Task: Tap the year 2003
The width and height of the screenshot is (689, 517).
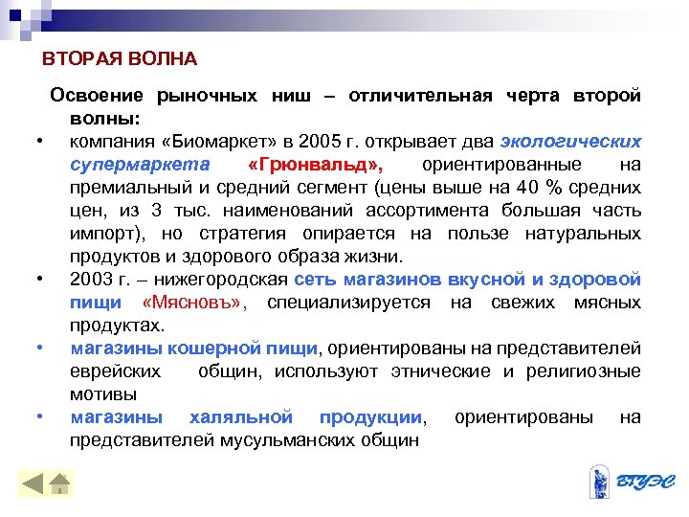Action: point(89,280)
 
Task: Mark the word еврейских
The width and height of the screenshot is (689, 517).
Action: point(115,371)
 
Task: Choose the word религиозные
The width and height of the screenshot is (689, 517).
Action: point(586,371)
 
